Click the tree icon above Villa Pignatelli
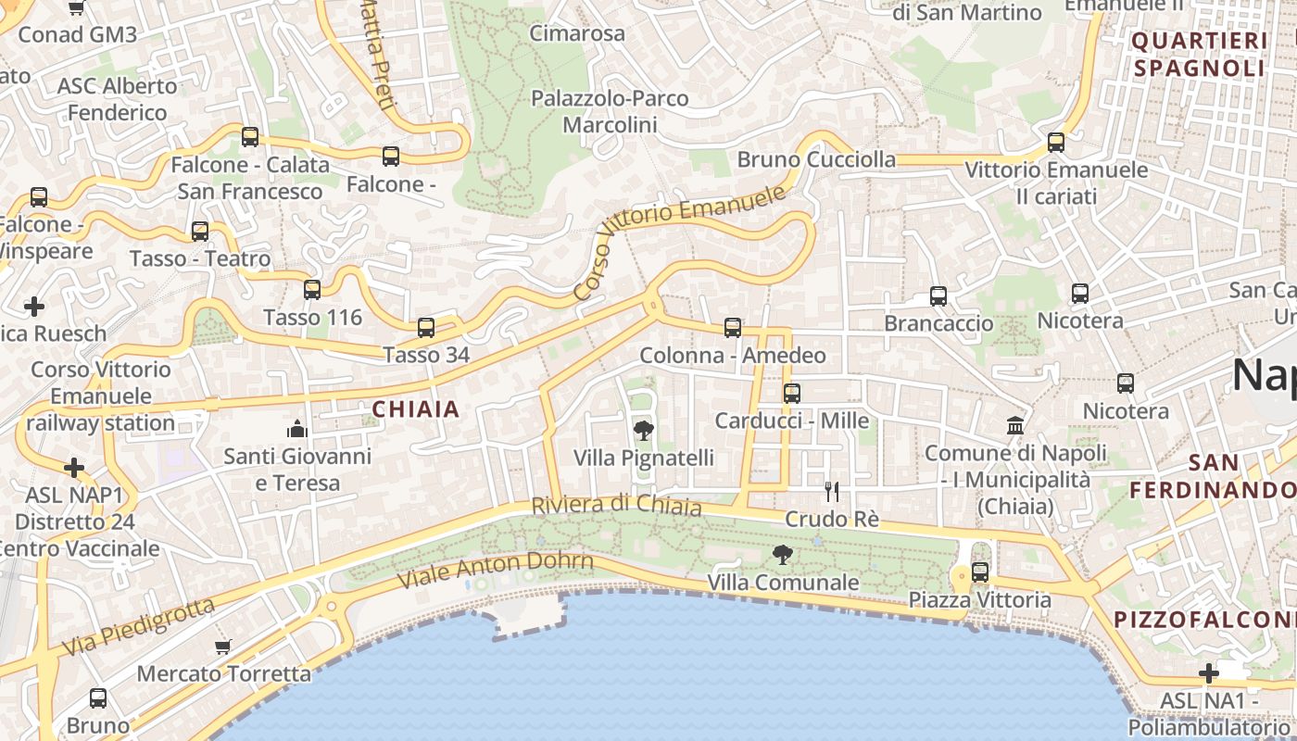click(x=643, y=431)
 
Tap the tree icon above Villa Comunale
click(x=782, y=555)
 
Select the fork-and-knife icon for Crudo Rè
click(x=832, y=491)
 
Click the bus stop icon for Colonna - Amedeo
click(x=733, y=328)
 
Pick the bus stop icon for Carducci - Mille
click(x=792, y=393)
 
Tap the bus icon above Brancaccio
click(x=938, y=296)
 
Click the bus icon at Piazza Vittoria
click(x=980, y=572)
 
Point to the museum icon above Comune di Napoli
click(x=1015, y=426)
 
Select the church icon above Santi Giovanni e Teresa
click(x=297, y=428)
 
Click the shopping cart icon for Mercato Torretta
click(x=222, y=647)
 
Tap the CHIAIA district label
click(x=416, y=408)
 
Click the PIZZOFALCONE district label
click(x=1204, y=619)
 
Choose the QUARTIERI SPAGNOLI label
click(x=1199, y=54)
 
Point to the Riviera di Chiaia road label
click(x=616, y=506)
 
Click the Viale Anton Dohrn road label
click(x=496, y=569)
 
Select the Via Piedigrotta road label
click(x=139, y=627)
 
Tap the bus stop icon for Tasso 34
click(x=426, y=327)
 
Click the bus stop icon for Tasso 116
click(x=312, y=290)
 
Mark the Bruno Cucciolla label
click(x=816, y=159)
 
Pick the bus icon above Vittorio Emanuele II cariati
click(x=1056, y=143)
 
